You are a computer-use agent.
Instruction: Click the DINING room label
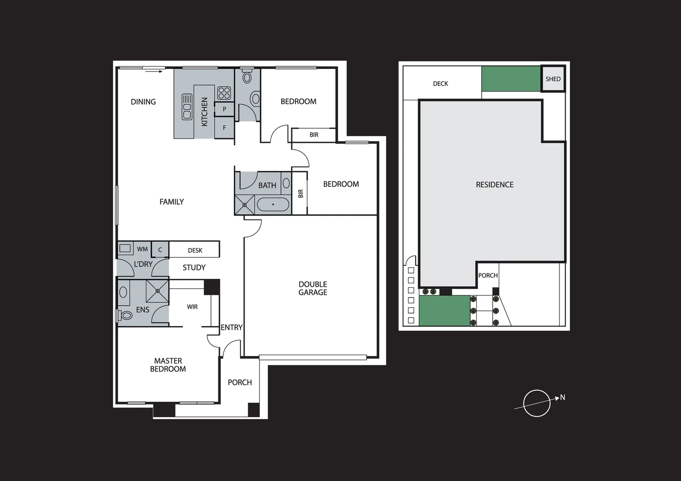(143, 102)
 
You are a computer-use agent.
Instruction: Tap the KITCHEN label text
(204, 112)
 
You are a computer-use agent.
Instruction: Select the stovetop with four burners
(224, 93)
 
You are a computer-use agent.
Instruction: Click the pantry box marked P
(224, 109)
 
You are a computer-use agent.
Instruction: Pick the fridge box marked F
(224, 128)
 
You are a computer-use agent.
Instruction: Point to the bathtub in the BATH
(273, 205)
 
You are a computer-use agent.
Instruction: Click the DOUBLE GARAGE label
(313, 288)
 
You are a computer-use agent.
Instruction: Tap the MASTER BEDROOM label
(168, 365)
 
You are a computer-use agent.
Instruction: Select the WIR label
(192, 307)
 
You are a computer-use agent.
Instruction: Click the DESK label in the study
(195, 250)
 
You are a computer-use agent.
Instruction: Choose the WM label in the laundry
(142, 249)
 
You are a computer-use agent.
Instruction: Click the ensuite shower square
(158, 291)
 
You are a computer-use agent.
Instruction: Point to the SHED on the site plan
(553, 79)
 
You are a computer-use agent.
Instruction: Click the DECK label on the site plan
(440, 84)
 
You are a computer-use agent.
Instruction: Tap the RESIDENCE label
(494, 185)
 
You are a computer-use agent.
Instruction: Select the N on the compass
(563, 397)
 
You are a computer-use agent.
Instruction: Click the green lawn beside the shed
(510, 79)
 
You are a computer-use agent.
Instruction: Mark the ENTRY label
(232, 327)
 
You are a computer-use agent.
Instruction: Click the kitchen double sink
(187, 107)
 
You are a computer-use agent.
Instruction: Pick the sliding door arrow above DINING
(154, 70)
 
